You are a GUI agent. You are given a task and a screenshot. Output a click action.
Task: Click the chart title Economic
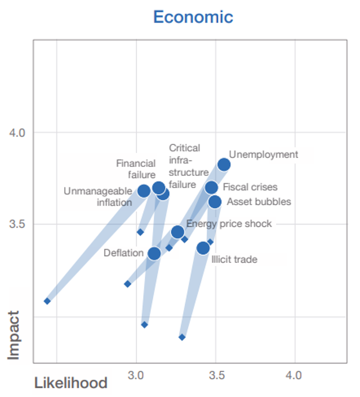(x=193, y=17)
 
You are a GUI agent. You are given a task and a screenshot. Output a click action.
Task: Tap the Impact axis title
(x=14, y=335)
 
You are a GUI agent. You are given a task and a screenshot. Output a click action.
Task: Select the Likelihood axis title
(x=71, y=383)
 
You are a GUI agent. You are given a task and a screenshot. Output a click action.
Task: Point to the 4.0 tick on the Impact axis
(x=17, y=132)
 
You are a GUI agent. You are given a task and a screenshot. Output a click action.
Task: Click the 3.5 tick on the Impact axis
(x=17, y=224)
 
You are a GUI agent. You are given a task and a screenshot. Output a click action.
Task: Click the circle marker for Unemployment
(x=224, y=165)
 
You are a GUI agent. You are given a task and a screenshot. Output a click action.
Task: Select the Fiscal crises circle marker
(x=211, y=187)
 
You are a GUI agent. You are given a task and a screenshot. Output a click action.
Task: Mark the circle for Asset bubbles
(x=214, y=202)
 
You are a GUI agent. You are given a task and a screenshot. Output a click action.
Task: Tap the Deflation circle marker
(x=154, y=253)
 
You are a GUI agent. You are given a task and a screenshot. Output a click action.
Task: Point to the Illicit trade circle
(x=203, y=248)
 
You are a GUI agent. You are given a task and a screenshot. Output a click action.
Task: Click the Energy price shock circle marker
(x=177, y=232)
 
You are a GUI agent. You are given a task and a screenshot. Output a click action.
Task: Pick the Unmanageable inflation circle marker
(x=144, y=191)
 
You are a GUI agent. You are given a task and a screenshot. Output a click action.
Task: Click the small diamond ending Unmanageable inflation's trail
(x=47, y=301)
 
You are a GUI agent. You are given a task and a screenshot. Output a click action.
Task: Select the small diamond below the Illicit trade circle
(x=182, y=337)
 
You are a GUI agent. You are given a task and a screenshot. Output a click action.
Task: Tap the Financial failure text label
(x=136, y=169)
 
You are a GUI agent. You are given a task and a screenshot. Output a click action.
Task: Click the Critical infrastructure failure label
(x=188, y=166)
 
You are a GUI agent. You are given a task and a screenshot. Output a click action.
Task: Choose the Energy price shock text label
(x=229, y=224)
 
